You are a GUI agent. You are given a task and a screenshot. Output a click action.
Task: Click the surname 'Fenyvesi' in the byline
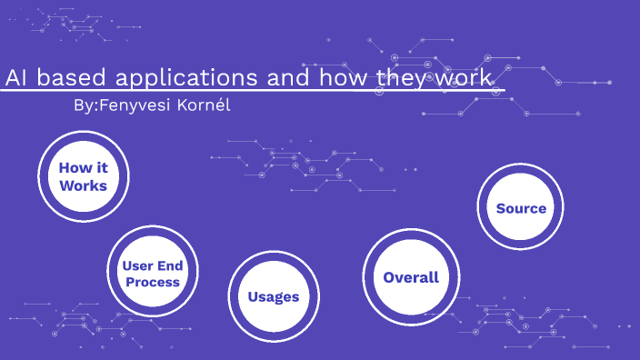[134, 105]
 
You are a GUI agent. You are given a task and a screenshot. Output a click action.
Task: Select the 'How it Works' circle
[83, 176]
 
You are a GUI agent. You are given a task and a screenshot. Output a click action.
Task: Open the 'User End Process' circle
[152, 273]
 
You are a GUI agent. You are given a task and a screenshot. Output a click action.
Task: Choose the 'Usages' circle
[273, 296]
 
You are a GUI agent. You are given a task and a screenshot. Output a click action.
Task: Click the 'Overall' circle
[410, 277]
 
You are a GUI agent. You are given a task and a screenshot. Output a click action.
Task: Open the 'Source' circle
[521, 208]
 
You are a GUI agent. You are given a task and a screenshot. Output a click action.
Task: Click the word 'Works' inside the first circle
[83, 185]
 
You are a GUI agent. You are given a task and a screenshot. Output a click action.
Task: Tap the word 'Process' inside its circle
[152, 282]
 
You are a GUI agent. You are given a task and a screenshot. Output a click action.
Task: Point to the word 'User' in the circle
[137, 265]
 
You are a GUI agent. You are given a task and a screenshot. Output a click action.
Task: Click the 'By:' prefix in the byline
[84, 105]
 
